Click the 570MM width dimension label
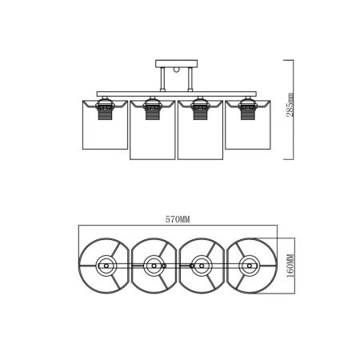178,219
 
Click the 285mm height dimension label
290,105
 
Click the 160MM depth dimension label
290,266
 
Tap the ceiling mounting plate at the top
177,63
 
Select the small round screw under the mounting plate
177,70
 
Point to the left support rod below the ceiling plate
162,79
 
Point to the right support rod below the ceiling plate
190,79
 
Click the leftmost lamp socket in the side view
105,109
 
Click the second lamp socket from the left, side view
152,109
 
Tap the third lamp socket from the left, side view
200,109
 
